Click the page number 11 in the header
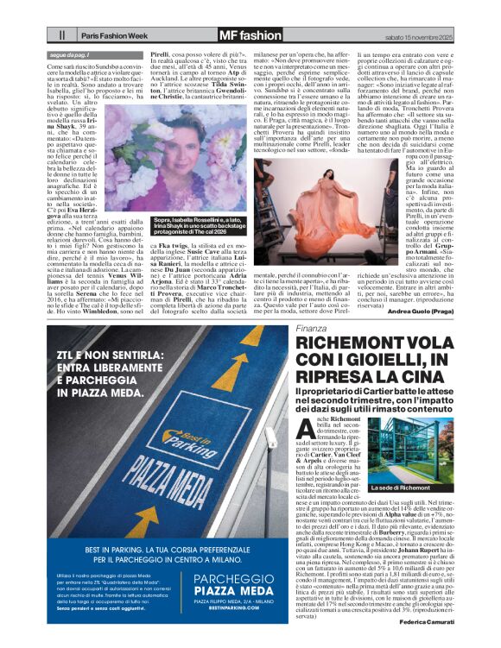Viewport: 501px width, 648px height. coord(62,35)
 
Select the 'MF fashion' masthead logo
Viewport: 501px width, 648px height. coord(250,35)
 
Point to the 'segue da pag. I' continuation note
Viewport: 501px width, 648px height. coord(73,54)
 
